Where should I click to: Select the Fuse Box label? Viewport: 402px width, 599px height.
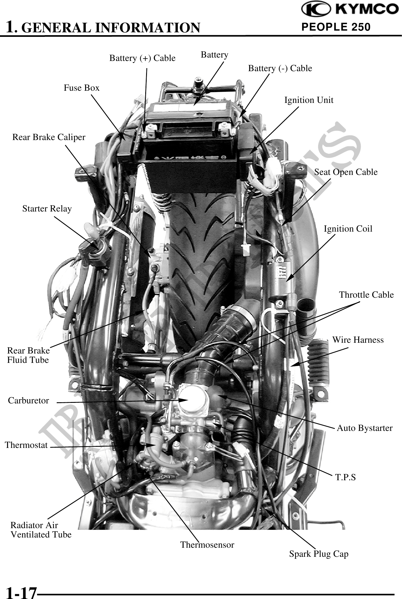[81, 88]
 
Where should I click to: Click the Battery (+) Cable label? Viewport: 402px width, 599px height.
[142, 58]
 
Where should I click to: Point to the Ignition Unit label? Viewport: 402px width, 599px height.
[309, 100]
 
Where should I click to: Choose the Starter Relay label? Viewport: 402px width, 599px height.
[47, 209]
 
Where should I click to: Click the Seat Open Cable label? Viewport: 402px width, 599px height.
[346, 172]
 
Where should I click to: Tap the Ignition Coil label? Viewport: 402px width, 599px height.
[348, 229]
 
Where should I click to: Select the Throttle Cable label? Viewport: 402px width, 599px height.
[366, 295]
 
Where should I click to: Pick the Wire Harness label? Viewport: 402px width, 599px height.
[358, 340]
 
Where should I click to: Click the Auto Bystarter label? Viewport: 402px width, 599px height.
[365, 428]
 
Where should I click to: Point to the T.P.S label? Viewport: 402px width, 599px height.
[346, 477]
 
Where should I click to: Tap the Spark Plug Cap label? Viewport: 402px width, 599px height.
[319, 554]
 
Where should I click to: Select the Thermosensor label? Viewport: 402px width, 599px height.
[207, 545]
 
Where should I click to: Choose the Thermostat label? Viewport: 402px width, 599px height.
[26, 445]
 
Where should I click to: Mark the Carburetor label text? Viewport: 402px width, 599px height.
[28, 401]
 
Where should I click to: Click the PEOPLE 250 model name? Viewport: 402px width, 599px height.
[336, 27]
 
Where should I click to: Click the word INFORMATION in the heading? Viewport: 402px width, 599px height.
[147, 27]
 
